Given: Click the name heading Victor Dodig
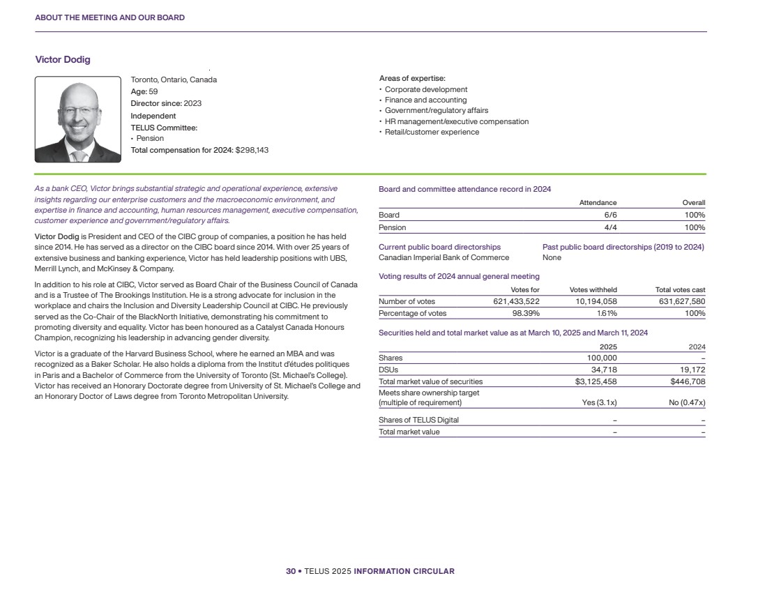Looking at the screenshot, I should coord(63,60).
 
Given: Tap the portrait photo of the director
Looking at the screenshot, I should coord(78,119).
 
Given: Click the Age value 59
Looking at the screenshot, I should coord(153,91).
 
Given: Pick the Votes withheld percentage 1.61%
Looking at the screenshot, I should coord(605,314).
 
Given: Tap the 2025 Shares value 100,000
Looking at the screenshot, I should coord(599,358).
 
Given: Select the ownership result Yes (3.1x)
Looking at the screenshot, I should coord(599,403).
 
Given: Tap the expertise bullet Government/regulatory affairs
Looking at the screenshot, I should coord(436,111).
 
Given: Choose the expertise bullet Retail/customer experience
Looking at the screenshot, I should coord(432,132).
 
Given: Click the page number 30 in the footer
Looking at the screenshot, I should coord(291,572).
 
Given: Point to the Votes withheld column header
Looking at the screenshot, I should coord(593,290).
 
